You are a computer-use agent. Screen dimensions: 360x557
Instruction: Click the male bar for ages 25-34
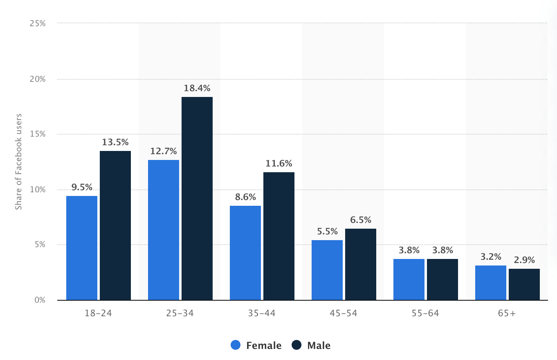(x=197, y=198)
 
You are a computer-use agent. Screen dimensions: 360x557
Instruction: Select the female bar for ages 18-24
(x=82, y=248)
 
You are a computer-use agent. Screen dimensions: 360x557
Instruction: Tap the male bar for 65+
(x=524, y=284)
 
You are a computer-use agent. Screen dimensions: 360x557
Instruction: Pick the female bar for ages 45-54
(x=327, y=270)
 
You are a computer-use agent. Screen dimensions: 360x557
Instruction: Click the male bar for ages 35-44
(x=279, y=236)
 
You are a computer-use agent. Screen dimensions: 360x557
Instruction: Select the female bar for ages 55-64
(x=409, y=279)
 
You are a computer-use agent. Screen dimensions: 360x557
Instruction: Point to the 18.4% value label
(x=197, y=88)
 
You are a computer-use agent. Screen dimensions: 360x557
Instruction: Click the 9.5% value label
(x=82, y=187)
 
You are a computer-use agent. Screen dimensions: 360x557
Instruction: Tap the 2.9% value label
(x=524, y=260)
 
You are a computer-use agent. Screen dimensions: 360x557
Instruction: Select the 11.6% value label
(x=279, y=164)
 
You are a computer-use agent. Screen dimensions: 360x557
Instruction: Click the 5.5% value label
(x=327, y=232)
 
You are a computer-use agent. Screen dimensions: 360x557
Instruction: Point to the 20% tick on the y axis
(x=38, y=79)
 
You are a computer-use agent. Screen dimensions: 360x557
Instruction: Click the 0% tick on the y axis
(x=40, y=300)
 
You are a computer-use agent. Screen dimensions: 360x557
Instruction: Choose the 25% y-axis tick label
(x=38, y=23)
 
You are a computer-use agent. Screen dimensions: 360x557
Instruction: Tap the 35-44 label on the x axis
(x=262, y=313)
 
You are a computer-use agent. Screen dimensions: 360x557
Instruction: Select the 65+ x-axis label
(x=507, y=313)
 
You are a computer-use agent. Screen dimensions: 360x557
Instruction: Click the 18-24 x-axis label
(x=98, y=313)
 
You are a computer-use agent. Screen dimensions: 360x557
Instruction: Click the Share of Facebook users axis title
(x=18, y=162)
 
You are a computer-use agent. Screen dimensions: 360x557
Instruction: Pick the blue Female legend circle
(x=236, y=345)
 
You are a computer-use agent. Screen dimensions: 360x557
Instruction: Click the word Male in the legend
(x=319, y=346)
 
